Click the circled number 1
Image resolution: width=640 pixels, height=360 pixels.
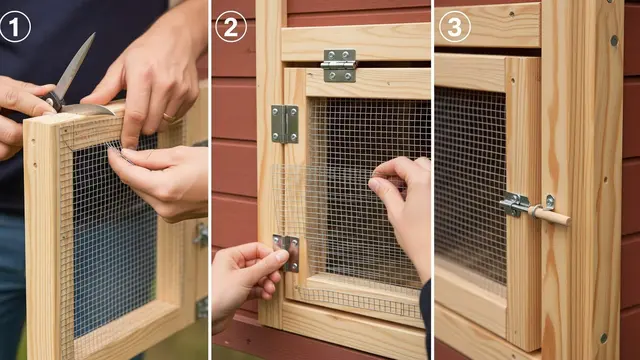[15, 27]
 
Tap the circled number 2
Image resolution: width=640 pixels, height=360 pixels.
[231, 27]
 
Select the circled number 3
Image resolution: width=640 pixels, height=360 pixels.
[455, 27]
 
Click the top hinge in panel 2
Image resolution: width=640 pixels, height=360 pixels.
[339, 65]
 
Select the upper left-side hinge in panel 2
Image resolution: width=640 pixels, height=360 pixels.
[285, 124]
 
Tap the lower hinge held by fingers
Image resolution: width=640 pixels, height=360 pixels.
[290, 253]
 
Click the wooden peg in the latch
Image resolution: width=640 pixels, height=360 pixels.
[549, 215]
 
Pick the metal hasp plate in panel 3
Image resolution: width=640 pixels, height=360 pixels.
[514, 203]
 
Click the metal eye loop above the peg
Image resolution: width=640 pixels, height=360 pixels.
[549, 202]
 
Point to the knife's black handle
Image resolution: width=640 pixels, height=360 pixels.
[53, 101]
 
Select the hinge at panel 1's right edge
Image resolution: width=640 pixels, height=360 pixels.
[201, 235]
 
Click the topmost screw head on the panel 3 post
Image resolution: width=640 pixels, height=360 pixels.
[614, 40]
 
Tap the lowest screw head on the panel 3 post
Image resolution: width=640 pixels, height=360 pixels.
[604, 338]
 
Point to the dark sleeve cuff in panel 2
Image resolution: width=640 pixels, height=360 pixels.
[425, 314]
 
